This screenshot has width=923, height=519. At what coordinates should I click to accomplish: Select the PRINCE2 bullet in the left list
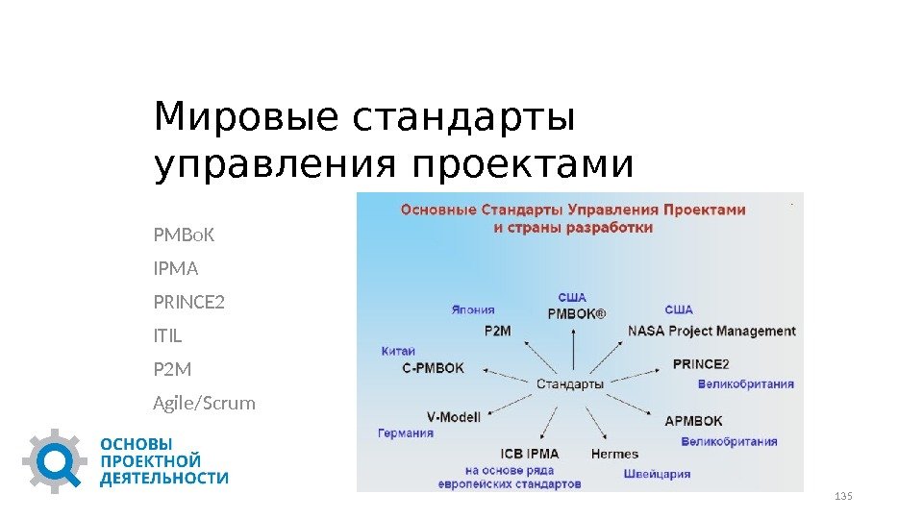(188, 303)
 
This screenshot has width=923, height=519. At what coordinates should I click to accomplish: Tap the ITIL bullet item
(167, 336)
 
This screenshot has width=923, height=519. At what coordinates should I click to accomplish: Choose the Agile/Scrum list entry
(204, 403)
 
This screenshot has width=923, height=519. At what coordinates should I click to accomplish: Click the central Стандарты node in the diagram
(569, 383)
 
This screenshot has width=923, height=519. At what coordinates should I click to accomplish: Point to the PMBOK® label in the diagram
(576, 312)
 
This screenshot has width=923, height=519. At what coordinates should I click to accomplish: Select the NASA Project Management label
(711, 331)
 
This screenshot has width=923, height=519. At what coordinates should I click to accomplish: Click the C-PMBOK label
(432, 366)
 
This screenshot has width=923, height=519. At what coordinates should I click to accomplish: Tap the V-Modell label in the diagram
(453, 416)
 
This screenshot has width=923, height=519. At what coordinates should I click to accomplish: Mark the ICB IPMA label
(529, 453)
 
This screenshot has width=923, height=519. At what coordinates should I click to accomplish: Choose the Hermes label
(613, 454)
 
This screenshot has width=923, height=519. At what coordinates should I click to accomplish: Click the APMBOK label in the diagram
(693, 420)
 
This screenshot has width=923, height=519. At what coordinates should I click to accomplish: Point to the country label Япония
(473, 309)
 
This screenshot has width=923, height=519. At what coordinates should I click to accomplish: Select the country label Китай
(398, 351)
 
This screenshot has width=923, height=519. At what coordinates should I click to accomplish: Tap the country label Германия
(405, 432)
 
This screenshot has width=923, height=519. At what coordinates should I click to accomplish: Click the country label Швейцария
(657, 473)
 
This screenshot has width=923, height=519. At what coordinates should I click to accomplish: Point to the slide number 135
(844, 496)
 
